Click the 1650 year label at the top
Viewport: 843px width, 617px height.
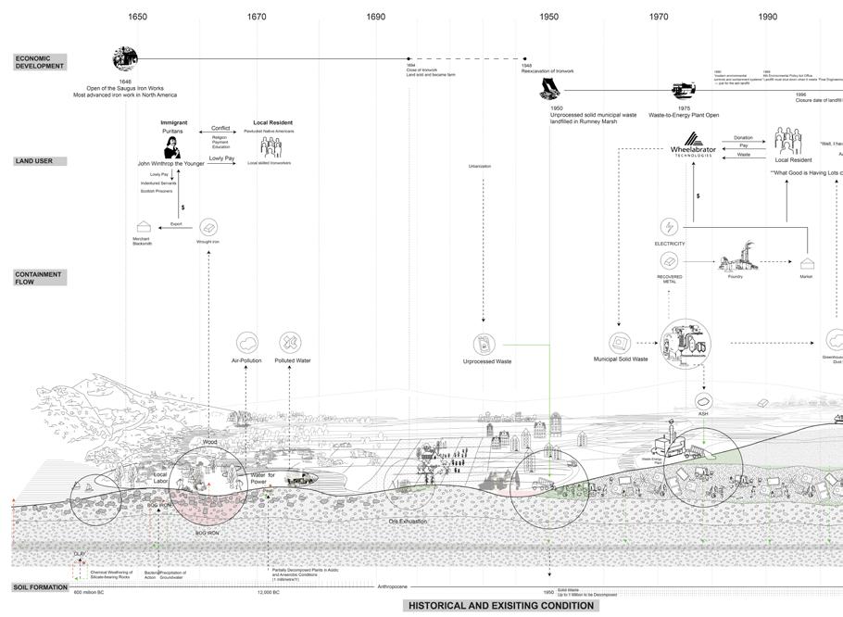pos(137,17)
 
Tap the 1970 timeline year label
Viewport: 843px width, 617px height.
pos(659,17)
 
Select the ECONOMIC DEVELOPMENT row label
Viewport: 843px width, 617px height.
pos(39,62)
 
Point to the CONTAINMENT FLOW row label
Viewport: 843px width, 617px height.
pos(38,278)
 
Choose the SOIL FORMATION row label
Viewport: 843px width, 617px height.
pos(41,587)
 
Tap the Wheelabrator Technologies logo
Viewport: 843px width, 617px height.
pos(693,149)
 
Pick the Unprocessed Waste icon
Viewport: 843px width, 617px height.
pos(483,344)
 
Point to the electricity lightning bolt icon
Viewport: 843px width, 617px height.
pos(668,227)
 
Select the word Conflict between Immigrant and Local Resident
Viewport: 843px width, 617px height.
pos(220,128)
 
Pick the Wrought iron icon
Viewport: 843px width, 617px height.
pos(208,227)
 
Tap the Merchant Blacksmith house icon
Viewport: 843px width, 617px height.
pos(144,228)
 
